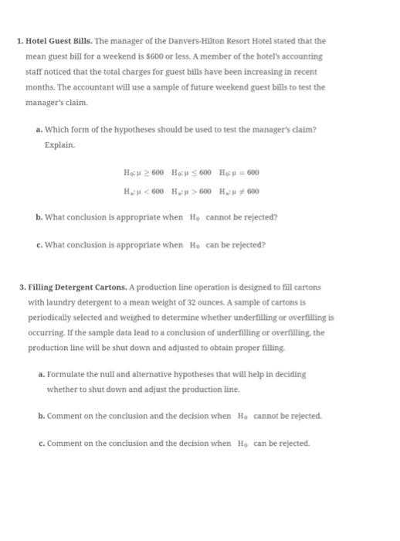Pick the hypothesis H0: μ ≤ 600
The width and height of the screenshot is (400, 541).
tap(188, 172)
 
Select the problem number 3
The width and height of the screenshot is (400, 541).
tap(22, 288)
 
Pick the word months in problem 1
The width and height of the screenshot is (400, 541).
tap(39, 87)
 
